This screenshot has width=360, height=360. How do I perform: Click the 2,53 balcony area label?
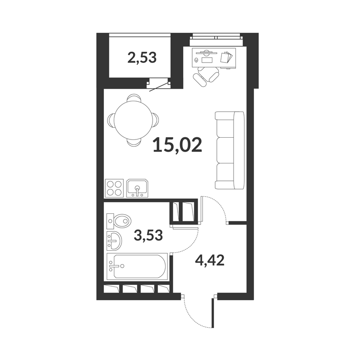(142, 58)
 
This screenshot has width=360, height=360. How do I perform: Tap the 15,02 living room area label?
(177, 145)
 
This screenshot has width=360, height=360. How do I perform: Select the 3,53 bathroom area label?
(148, 235)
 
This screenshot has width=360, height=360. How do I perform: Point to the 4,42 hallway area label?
(209, 261)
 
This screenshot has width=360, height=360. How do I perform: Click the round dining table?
(133, 121)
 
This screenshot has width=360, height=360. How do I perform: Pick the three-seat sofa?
(229, 150)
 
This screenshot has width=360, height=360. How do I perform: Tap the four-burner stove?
(114, 188)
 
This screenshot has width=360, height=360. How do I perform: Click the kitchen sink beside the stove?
(138, 188)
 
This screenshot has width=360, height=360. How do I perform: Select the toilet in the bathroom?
(119, 221)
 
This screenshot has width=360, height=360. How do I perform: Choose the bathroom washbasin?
(114, 240)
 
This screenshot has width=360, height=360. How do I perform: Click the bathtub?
(137, 266)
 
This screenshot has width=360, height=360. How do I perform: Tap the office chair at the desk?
(206, 76)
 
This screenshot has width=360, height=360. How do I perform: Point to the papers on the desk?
(226, 57)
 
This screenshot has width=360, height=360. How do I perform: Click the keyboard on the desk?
(207, 60)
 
